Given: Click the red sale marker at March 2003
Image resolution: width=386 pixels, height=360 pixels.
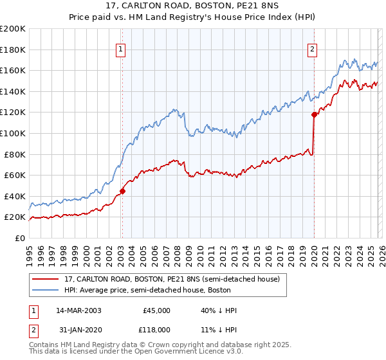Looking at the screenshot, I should [x=122, y=191].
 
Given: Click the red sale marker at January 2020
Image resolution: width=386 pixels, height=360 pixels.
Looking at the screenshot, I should [x=314, y=114].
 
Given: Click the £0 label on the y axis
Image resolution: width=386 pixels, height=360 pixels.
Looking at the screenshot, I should [x=19, y=238].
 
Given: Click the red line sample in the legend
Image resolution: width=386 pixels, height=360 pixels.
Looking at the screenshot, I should [x=46, y=280].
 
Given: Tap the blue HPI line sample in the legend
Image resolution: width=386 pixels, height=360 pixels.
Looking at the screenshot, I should [x=46, y=291].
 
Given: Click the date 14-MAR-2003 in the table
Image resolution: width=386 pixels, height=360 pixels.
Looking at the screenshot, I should [x=78, y=310].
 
